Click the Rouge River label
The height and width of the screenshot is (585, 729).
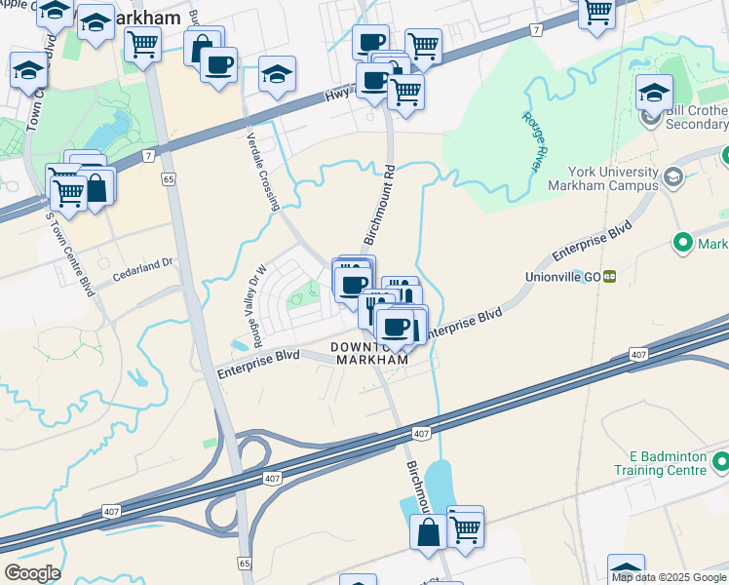pyautogui.click(x=532, y=142)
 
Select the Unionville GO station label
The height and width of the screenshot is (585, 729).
pyautogui.click(x=564, y=277)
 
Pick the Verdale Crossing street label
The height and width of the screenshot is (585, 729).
pyautogui.click(x=263, y=172)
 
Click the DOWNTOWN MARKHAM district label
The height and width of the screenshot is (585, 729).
pyautogui.click(x=370, y=353)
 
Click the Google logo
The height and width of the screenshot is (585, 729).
pyautogui.click(x=32, y=573)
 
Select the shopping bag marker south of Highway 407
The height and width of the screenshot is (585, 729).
pyautogui.click(x=428, y=532)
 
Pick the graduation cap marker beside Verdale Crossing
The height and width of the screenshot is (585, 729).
pyautogui.click(x=278, y=74)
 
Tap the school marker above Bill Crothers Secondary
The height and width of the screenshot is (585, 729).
pyautogui.click(x=654, y=93)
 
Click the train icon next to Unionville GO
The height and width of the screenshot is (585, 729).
pyautogui.click(x=610, y=277)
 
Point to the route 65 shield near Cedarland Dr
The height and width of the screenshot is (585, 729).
pyautogui.click(x=169, y=179)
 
